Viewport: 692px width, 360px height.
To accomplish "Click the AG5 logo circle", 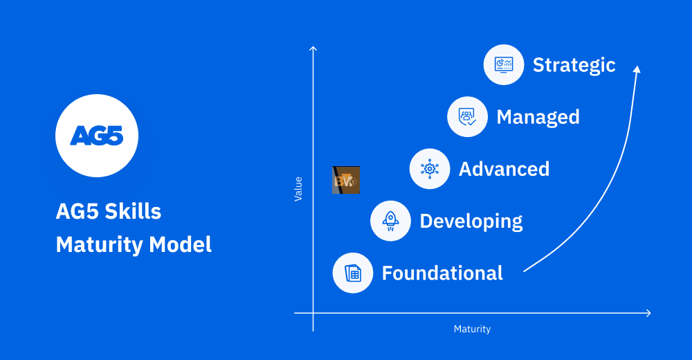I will point(97,136).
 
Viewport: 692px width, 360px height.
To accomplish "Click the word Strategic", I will point(574,65).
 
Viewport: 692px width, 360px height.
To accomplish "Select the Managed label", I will point(538,117).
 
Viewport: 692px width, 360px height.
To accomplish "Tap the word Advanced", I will point(504,169).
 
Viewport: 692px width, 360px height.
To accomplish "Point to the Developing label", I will point(471,222).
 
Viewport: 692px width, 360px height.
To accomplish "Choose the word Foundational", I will point(442,273).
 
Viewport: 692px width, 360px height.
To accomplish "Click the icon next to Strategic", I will point(504,64).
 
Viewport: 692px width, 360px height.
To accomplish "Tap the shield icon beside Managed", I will point(467,116).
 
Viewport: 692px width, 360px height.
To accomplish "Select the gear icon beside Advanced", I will point(430,169).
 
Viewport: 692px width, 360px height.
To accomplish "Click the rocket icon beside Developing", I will point(391,221).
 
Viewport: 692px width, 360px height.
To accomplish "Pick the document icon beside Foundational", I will point(353,273).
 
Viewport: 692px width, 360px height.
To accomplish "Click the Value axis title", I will point(298,188).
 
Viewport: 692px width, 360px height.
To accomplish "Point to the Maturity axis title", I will point(472,329).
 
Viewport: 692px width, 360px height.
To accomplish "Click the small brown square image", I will point(345,180).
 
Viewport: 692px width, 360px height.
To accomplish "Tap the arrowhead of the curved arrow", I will point(637,69).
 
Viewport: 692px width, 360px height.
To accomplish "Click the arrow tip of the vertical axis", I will point(313,48).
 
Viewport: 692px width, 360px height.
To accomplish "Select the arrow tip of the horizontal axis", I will point(648,313).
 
